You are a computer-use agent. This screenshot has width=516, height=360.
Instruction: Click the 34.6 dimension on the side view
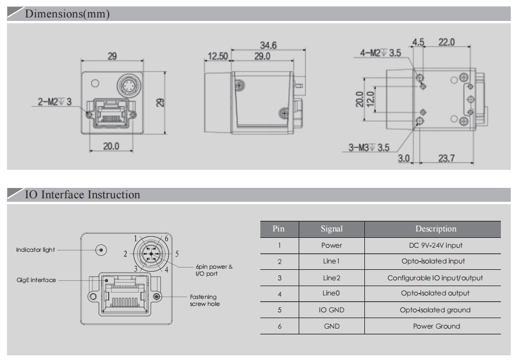268,45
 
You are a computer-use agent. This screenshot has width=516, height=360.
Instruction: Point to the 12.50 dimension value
216,56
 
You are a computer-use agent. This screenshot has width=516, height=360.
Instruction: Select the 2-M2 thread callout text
55,102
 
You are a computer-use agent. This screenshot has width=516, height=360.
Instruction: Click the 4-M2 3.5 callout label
380,53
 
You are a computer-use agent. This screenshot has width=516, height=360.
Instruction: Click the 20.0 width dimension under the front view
111,147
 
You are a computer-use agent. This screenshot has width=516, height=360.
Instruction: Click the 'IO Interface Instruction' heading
82,195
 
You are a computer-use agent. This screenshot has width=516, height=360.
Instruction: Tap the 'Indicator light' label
35,250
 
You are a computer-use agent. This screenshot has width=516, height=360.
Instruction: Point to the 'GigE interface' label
36,280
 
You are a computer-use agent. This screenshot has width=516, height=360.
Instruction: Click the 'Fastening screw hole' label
205,300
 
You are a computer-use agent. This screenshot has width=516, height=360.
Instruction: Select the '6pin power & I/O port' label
214,270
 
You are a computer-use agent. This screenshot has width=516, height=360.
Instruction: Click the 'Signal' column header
332,229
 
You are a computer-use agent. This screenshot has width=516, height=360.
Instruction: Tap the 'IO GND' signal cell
332,310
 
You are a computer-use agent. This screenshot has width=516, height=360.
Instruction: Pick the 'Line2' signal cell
332,278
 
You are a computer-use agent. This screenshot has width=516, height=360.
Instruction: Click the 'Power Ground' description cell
436,326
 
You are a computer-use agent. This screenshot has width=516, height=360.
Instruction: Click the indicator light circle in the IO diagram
102,250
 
